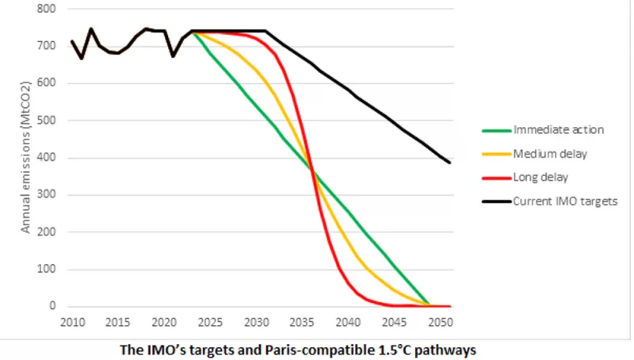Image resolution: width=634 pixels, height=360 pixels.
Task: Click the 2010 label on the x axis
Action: (71, 323)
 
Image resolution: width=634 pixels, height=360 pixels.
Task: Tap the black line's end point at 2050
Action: (449, 163)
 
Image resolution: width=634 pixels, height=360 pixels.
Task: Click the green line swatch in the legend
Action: (495, 130)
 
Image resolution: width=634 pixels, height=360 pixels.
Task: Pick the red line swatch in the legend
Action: (495, 177)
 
